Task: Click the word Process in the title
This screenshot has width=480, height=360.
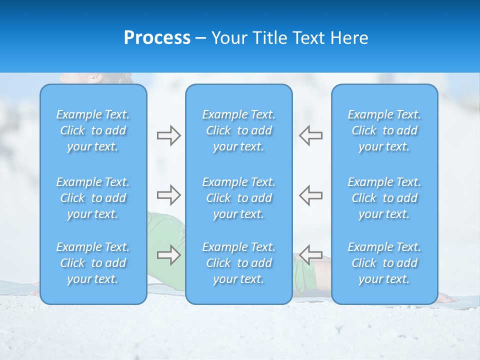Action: [157, 38]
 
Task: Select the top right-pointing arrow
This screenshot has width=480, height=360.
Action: [168, 135]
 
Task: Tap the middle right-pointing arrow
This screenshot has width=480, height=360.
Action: [168, 195]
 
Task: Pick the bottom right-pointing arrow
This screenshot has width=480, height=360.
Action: [168, 255]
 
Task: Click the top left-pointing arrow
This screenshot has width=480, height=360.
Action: [310, 135]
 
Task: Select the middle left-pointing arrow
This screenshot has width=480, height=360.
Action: [310, 195]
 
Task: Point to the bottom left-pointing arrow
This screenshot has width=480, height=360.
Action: [310, 255]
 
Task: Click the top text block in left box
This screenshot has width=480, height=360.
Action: [93, 130]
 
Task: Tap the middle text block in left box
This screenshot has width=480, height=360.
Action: [93, 198]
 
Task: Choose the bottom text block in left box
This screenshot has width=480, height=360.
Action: [93, 263]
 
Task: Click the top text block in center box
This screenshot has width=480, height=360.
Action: [239, 130]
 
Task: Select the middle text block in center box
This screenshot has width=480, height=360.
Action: [239, 198]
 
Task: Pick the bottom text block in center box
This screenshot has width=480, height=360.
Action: [239, 263]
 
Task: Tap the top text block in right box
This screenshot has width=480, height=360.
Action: [384, 130]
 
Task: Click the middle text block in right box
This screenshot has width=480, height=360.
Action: [384, 198]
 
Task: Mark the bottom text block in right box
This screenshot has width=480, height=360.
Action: [384, 263]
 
